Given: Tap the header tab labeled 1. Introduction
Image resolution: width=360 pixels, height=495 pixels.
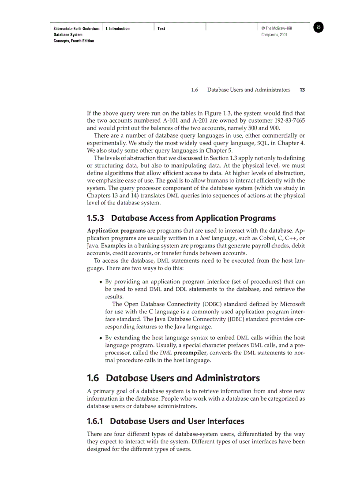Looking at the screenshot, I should tap(117, 29).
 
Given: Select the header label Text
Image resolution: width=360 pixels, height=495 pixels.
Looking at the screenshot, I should tap(161, 29).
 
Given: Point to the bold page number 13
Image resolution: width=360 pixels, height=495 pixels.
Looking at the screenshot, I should tap(302, 90).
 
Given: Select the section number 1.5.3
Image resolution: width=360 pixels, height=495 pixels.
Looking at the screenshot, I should tap(96, 218).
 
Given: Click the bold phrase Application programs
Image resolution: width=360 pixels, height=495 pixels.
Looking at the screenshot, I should tap(116, 231).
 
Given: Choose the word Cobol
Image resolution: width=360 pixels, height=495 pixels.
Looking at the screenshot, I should tap(269, 238).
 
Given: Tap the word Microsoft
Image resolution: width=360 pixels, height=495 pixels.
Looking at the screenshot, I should tap(290, 304).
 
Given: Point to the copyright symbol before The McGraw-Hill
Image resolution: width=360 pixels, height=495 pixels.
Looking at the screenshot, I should tap(263, 29).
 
